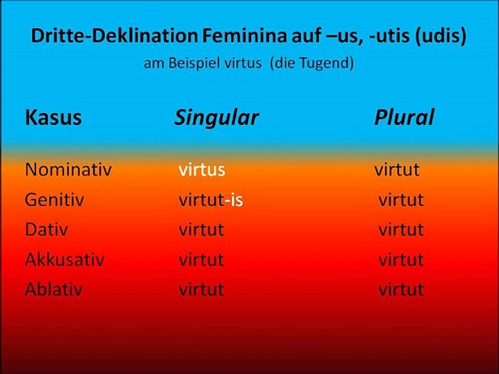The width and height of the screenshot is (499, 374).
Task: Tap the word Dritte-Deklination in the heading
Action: tap(113, 36)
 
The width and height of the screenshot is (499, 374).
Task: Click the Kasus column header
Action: tap(53, 118)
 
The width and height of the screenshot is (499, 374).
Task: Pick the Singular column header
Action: tap(216, 118)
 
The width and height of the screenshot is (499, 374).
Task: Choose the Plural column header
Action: tap(404, 118)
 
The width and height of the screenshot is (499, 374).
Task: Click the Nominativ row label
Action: tap(68, 170)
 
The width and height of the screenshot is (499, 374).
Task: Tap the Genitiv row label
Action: tap(55, 200)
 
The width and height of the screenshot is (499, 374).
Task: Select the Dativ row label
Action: tap(46, 230)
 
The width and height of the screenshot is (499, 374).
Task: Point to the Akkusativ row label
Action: tap(64, 259)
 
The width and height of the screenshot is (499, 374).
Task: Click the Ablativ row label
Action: tap(54, 289)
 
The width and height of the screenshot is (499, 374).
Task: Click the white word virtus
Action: tap(202, 170)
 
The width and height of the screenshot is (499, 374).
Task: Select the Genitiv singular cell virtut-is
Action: tap(211, 200)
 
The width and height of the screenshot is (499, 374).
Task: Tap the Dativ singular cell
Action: tap(201, 230)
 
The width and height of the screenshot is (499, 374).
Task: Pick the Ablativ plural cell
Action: tap(401, 289)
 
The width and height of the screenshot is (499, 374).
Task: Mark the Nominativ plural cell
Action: tap(397, 170)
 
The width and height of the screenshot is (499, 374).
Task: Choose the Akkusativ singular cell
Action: tap(201, 259)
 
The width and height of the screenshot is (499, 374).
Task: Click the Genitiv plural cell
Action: tap(401, 200)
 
